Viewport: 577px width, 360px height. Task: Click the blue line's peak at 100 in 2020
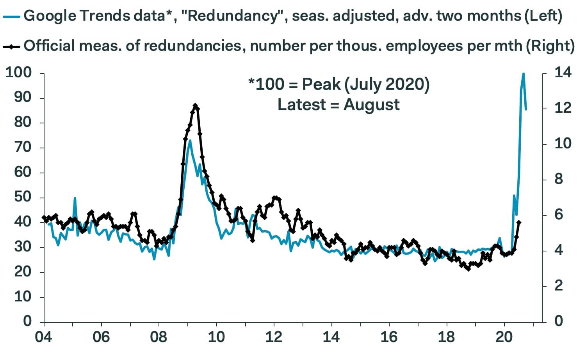pos(523,73)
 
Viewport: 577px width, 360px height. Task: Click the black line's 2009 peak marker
pos(196,105)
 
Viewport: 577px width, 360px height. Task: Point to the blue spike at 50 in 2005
pos(75,198)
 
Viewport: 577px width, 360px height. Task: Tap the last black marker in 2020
pos(519,222)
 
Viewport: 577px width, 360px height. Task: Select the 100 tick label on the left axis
pos(18,72)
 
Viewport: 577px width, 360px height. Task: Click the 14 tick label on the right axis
pos(563,72)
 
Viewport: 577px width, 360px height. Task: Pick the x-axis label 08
pos(158,337)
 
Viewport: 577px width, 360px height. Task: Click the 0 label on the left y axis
pos(27,321)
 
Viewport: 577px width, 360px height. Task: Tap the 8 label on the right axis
pos(559,179)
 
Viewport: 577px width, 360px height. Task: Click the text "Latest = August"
pos(338,105)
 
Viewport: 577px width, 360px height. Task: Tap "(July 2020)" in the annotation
pos(387,84)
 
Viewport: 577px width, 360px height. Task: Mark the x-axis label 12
pos(274,337)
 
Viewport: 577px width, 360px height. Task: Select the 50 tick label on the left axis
pos(23,197)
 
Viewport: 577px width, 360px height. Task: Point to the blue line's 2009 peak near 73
pos(190,141)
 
